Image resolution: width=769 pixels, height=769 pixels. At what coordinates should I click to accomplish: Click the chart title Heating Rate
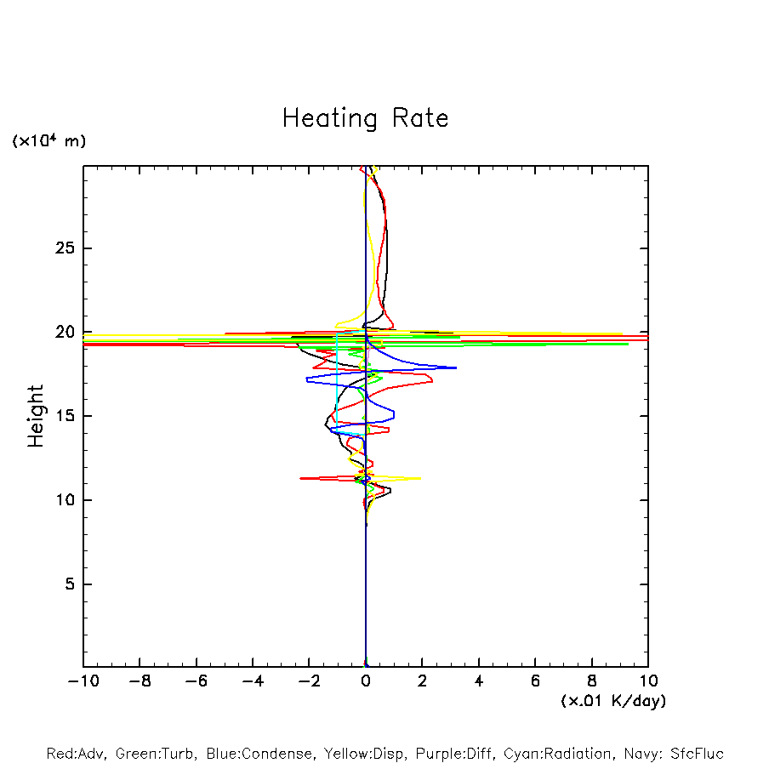(365, 117)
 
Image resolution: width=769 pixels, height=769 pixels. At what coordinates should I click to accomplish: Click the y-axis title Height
(36, 415)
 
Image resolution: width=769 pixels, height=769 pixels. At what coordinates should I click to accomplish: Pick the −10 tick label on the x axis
(83, 681)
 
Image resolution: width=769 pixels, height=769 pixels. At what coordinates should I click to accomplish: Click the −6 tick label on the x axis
(196, 681)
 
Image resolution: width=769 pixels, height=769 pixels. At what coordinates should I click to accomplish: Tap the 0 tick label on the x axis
(366, 681)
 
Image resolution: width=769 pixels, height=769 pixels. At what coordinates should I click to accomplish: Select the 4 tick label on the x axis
(479, 681)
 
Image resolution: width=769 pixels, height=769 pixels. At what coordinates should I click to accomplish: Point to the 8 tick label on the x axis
(592, 681)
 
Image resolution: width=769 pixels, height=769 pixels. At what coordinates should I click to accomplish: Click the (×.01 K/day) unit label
(612, 701)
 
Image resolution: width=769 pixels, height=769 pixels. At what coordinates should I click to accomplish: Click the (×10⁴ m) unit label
(48, 141)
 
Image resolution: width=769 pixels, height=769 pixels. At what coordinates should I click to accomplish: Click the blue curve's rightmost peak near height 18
(456, 367)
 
